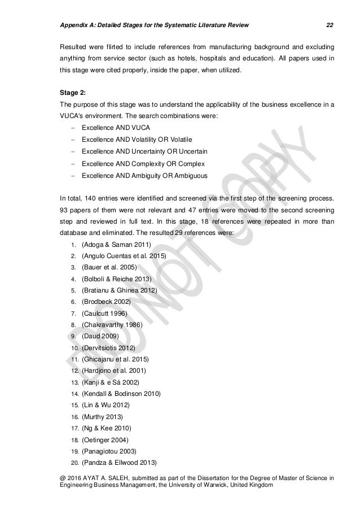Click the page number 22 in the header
click(x=330, y=9)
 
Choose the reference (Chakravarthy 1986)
click(x=112, y=324)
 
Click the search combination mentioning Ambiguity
click(x=144, y=176)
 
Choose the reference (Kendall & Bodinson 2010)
click(x=121, y=393)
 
